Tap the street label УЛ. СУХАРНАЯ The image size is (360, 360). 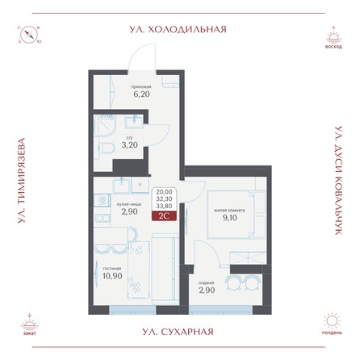(179, 331)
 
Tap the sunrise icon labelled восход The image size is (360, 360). (331, 36)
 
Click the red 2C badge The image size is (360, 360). (165, 214)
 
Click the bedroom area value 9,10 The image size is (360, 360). (224, 216)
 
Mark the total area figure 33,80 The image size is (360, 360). (165, 204)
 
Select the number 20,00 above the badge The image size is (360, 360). (165, 191)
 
